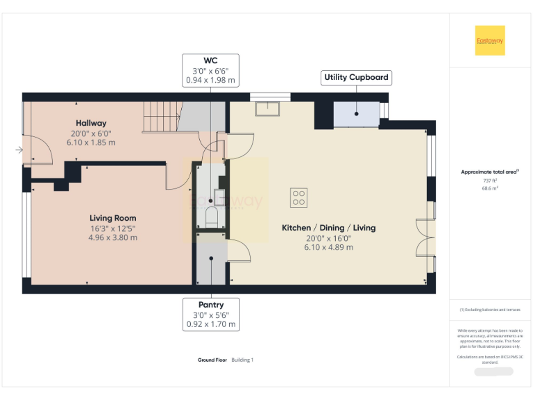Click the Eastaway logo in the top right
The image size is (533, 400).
click(490, 40)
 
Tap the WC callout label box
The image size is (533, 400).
click(210, 70)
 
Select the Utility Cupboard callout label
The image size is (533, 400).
click(357, 77)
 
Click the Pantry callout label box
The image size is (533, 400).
click(211, 314)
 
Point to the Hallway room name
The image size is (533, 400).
click(91, 124)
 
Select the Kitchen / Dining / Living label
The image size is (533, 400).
click(328, 228)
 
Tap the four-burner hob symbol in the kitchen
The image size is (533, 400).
click(299, 197)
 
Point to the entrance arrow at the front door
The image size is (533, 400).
click(18, 149)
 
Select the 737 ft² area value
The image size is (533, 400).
click(490, 181)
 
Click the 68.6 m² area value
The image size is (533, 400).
click(490, 188)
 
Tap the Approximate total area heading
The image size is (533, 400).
click(490, 172)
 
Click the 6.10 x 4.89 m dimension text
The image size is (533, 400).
click(328, 247)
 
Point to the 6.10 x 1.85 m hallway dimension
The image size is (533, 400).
click(91, 142)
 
